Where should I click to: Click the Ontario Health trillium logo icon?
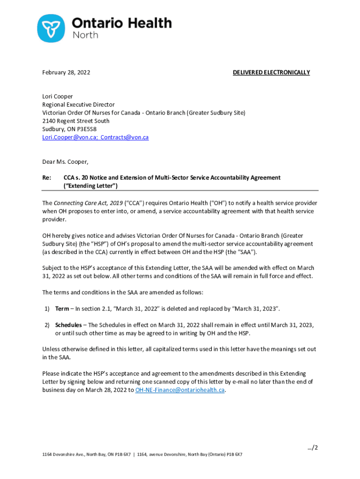[x=51, y=28]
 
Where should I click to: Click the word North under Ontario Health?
[x=86, y=35]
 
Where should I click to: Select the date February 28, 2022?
[x=66, y=73]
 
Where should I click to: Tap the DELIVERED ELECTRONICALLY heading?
[x=271, y=73]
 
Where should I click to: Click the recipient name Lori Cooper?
[x=58, y=97]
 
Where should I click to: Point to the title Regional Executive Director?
[x=78, y=105]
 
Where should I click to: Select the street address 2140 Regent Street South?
[x=76, y=121]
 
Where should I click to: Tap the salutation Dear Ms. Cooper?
[x=65, y=162]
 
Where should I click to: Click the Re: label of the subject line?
[x=47, y=178]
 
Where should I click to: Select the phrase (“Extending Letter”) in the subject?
[x=90, y=186]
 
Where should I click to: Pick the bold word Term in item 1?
[x=62, y=309]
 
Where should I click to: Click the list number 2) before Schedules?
[x=47, y=325]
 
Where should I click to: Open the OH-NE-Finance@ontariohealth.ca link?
[x=180, y=390]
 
